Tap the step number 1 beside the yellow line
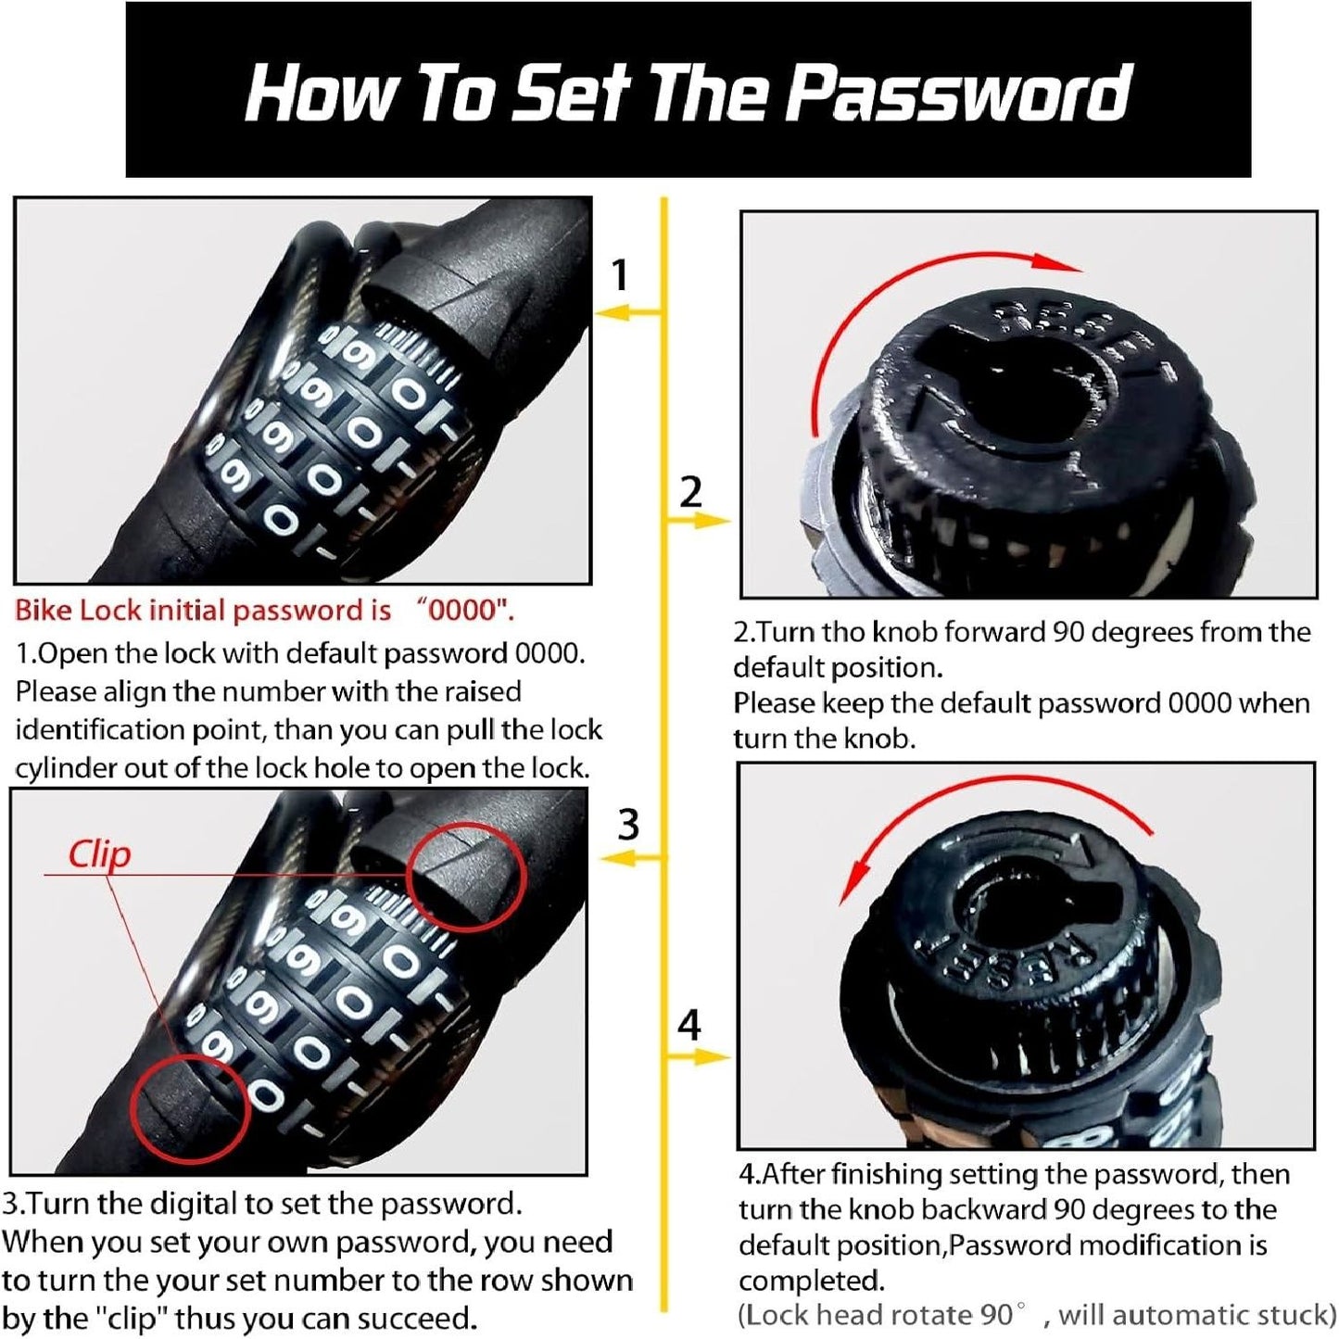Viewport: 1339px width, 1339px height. pos(620,274)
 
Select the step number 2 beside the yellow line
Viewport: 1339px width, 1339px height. pos(689,492)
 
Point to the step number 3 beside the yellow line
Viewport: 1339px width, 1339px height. pos(628,825)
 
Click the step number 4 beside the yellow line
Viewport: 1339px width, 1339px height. pos(688,1025)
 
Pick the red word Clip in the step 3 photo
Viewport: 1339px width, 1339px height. pos(99,854)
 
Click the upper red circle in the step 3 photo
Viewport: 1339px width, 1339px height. pos(465,876)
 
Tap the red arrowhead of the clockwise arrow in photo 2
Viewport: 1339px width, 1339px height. pos(1056,262)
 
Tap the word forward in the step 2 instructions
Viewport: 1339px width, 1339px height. pos(988,632)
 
